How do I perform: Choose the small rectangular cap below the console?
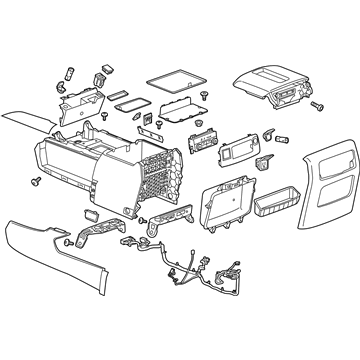pos(92,213)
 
